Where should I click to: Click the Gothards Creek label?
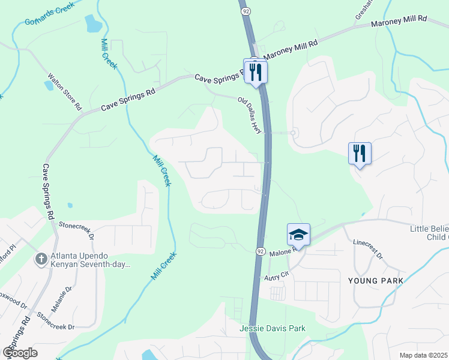coord(49,14)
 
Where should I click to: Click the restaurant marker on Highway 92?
coord(255,72)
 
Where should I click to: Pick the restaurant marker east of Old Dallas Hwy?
coord(360,154)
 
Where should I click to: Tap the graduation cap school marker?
coord(298,235)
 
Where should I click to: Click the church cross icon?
coord(40,259)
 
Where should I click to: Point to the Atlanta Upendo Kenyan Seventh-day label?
coord(90,259)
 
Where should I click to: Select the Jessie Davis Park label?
coord(273,328)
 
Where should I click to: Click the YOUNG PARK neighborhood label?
coord(375,281)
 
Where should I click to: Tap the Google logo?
coord(20,352)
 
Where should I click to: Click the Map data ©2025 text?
coord(424,355)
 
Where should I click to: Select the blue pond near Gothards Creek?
coord(94,23)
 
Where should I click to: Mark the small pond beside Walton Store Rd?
coord(48,85)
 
